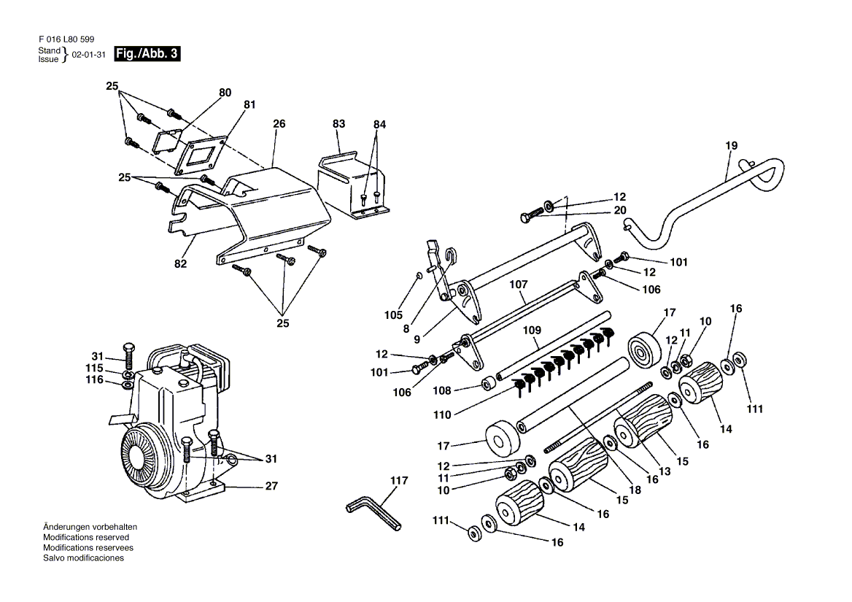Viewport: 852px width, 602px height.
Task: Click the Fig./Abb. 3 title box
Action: [147, 54]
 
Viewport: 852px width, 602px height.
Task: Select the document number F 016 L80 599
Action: [66, 39]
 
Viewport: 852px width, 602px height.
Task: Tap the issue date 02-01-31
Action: [88, 55]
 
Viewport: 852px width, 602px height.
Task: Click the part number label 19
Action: [732, 146]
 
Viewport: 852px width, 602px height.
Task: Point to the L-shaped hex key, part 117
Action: [373, 514]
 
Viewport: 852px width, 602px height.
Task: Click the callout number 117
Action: [399, 480]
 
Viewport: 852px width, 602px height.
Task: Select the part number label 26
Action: [279, 124]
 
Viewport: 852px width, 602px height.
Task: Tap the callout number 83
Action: [338, 124]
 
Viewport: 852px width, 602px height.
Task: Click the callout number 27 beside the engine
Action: [271, 486]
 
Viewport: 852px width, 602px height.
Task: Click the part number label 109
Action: [532, 330]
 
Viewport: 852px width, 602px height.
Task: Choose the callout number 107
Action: [519, 284]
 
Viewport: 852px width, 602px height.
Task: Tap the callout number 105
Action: [393, 315]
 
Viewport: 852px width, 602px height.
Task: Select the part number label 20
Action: [620, 210]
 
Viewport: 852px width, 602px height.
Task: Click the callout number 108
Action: [442, 390]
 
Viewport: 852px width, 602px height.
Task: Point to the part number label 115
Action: [94, 368]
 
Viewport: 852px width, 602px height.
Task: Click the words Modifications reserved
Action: [86, 537]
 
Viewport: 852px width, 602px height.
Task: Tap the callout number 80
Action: [225, 93]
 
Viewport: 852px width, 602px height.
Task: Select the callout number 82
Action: [180, 263]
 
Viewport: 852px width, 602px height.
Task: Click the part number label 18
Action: [635, 490]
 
